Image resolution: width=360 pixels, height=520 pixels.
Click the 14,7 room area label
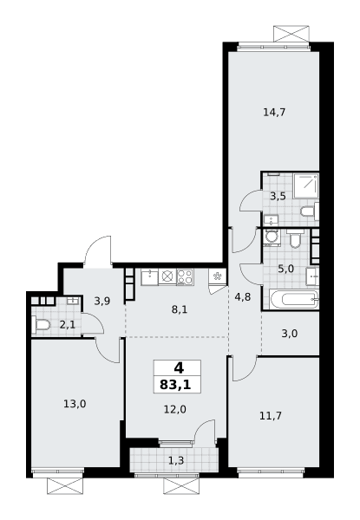274,113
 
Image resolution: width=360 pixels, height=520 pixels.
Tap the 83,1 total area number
175,385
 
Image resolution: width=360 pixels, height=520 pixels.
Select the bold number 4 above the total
179,367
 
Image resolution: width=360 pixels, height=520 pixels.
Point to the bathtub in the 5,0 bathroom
294,300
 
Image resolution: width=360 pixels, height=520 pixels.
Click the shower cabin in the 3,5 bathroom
306,185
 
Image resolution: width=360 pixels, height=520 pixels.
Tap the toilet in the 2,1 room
41,325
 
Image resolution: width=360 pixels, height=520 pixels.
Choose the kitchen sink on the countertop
149,277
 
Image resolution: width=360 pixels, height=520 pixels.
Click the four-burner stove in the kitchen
185,277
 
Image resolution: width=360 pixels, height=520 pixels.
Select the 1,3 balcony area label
176,460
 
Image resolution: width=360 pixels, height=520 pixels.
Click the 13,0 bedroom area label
75,404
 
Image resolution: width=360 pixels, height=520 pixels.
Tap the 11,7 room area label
271,415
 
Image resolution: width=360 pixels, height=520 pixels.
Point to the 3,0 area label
290,334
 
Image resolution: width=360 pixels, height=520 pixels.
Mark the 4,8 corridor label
243,296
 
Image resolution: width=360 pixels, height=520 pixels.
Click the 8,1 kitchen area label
180,309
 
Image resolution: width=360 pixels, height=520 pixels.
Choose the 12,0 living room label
175,410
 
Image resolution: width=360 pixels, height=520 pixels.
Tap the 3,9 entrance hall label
102,302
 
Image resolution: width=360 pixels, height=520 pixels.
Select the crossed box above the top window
291,34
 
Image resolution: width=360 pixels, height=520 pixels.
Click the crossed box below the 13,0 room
64,486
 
